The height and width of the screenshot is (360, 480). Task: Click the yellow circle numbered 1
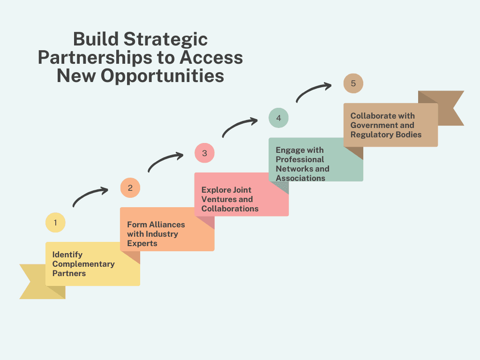pos(55,223)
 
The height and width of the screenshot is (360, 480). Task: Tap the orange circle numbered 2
pos(130,188)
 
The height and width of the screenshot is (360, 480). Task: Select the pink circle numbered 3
pos(204,153)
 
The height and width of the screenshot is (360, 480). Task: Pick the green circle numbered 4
pos(278,118)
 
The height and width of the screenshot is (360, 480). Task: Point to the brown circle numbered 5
pos(353,83)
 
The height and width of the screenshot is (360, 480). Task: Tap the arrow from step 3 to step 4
pos(240,126)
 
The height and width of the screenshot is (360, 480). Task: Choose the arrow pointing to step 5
pos(314,91)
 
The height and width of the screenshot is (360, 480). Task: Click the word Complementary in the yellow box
pos(83,264)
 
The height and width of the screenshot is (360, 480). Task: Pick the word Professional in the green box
pos(300,159)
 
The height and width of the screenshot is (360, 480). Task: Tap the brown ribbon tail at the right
pos(448,108)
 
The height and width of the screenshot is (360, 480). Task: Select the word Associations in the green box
pos(300,178)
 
